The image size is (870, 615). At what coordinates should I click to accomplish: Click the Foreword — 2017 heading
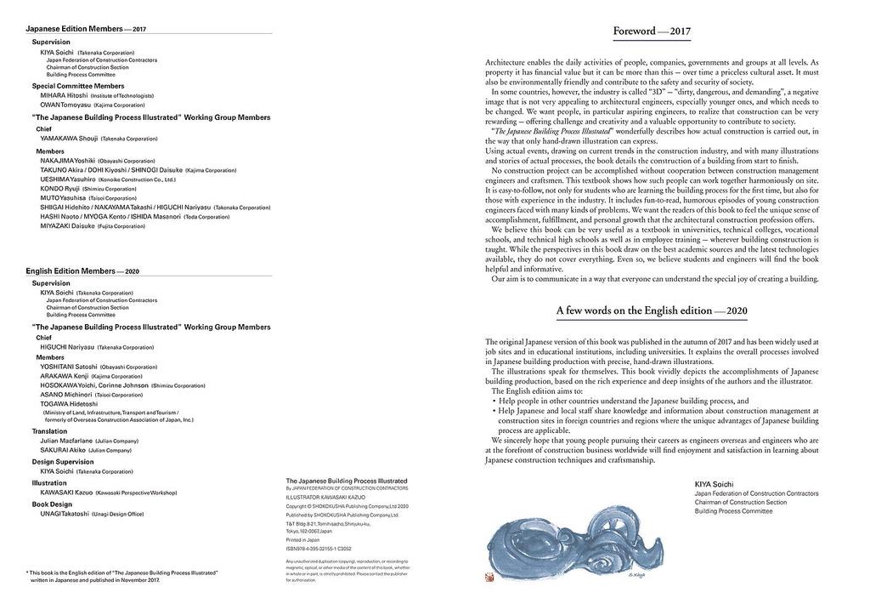point(652,32)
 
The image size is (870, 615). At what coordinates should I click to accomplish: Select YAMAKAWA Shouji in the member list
point(69,138)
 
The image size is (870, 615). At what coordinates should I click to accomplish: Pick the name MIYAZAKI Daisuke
point(67,226)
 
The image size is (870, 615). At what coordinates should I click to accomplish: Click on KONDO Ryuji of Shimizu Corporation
point(59,189)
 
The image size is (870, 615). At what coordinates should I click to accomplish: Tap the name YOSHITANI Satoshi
point(69,367)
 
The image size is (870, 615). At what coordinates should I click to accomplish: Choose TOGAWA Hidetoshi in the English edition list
point(69,404)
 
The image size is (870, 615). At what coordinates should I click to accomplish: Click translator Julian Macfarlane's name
point(67,441)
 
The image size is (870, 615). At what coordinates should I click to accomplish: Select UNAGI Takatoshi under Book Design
point(65,514)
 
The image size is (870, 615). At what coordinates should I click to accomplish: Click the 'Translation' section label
point(50,431)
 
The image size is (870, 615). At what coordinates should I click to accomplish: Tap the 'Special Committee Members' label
point(78,86)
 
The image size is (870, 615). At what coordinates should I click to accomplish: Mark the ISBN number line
point(319,549)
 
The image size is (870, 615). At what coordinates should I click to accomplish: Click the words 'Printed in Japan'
point(303,539)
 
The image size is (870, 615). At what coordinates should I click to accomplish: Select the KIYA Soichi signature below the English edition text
point(715,484)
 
